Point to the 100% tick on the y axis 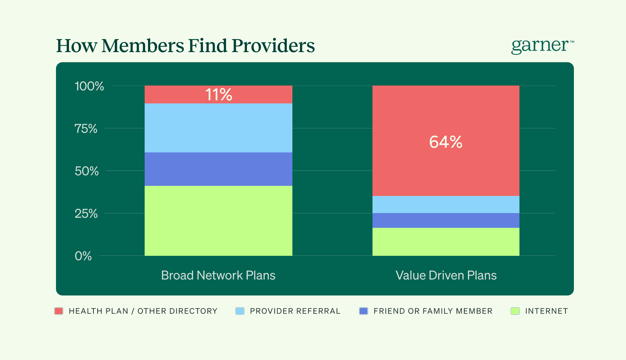[89, 86]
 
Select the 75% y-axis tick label [86, 129]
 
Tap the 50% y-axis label [87, 171]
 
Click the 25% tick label [86, 214]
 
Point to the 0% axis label [83, 256]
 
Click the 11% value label [219, 95]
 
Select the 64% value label [446, 142]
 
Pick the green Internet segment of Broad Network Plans [218, 221]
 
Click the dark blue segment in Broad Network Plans [218, 169]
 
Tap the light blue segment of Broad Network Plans [218, 128]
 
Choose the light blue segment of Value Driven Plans [446, 204]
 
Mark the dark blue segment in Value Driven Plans [446, 221]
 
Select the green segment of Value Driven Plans [446, 242]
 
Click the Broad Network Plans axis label [218, 275]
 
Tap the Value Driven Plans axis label [446, 275]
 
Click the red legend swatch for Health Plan [59, 311]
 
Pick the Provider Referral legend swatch [240, 311]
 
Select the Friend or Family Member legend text [433, 311]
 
